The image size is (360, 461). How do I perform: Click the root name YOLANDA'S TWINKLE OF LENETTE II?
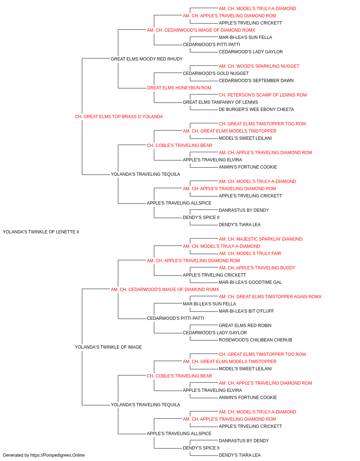[x=41, y=232]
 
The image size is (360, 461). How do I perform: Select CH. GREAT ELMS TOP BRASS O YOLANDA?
[x=119, y=117]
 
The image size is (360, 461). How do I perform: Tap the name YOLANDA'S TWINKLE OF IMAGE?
[x=108, y=347]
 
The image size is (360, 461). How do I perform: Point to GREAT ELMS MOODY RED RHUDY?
[x=147, y=59]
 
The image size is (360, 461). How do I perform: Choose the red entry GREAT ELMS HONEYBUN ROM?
[x=179, y=88]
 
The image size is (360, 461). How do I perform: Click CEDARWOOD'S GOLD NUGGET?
[x=216, y=73]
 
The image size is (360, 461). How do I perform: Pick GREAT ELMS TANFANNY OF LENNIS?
[x=220, y=102]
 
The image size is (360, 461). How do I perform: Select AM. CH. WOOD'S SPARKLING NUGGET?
[x=259, y=66]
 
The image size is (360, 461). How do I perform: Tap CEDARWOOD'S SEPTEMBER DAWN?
[x=256, y=81]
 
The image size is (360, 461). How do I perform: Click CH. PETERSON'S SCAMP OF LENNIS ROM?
[x=263, y=95]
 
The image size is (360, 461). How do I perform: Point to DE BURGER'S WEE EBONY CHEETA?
[x=257, y=109]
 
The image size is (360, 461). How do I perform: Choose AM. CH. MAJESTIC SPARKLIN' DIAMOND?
[x=261, y=239]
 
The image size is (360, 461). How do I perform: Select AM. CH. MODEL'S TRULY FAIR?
[x=250, y=254]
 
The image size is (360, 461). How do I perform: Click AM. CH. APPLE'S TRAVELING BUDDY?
[x=257, y=268]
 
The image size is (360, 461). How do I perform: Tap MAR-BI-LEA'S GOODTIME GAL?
[x=251, y=282]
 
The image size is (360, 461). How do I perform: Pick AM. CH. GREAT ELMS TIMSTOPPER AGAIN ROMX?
[x=270, y=297]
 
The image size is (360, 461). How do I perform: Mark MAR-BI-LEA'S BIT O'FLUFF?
[x=246, y=311]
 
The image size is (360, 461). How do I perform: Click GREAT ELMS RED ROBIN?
[x=245, y=326]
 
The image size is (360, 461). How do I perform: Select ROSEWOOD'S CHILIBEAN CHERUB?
[x=256, y=340]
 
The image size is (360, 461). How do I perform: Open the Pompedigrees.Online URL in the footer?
[x=58, y=455]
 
